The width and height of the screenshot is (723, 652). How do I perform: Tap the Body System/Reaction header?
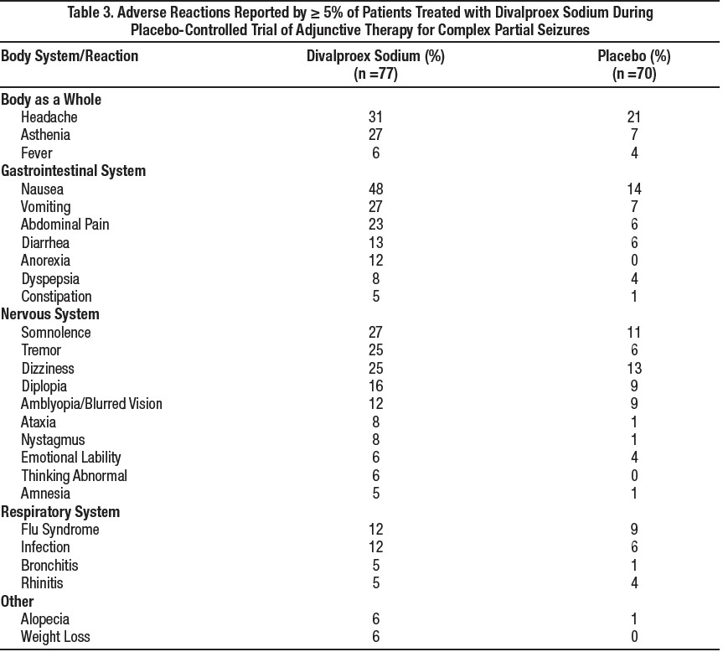[70, 56]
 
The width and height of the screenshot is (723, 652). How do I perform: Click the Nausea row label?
[42, 189]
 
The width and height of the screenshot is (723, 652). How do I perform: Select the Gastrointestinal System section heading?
[73, 171]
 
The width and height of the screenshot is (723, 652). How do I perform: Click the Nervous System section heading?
[50, 314]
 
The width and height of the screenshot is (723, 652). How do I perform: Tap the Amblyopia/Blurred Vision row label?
[91, 404]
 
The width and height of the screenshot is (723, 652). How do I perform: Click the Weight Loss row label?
[55, 637]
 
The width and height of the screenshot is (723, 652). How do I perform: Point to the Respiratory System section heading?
[60, 511]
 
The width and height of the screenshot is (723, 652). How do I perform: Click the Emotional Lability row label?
[71, 458]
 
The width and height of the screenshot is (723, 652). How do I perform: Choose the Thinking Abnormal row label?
[74, 476]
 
